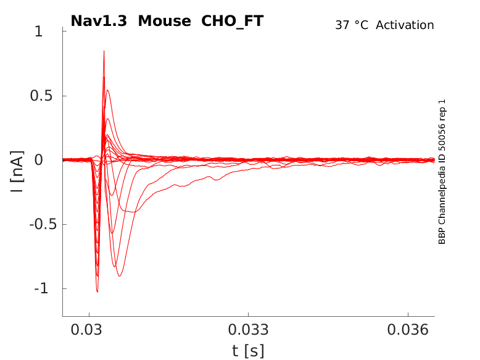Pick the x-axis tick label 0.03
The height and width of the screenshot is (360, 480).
point(89,330)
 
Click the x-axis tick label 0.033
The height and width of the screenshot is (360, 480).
point(248,330)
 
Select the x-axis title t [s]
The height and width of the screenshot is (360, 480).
point(248,351)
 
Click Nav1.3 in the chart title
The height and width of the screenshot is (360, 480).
point(99,21)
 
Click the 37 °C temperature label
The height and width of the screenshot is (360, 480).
point(352,25)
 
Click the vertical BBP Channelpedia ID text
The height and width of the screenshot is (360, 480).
point(442,172)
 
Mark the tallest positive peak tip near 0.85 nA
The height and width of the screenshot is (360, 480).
point(104,51)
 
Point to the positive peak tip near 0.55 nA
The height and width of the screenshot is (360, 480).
point(107,91)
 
